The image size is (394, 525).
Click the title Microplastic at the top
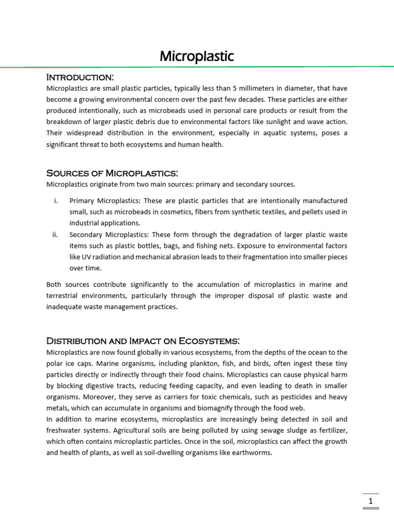(196, 56)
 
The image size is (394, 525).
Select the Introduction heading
(80, 77)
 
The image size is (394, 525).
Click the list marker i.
(55, 200)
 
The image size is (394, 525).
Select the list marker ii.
(55, 234)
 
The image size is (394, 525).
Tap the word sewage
(252, 431)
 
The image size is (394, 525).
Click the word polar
(55, 364)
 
